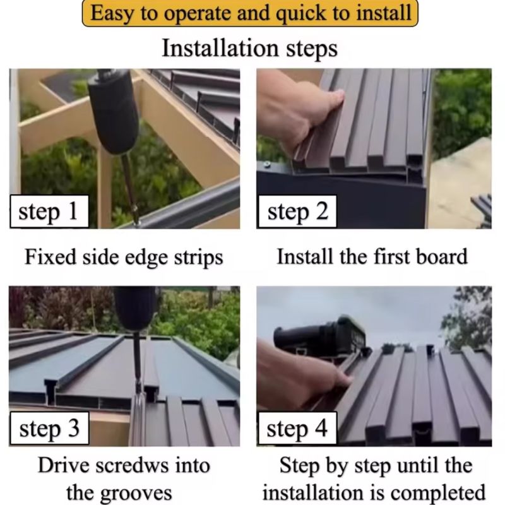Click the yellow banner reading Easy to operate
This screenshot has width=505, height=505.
(x=250, y=13)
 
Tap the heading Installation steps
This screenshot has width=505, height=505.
(x=250, y=49)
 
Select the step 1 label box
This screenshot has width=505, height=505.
(x=49, y=211)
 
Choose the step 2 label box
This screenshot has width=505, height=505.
(x=297, y=211)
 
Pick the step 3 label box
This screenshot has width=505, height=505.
(x=49, y=429)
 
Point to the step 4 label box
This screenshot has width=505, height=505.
(x=297, y=429)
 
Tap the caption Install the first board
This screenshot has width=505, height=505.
(x=372, y=257)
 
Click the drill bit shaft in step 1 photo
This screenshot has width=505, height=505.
(x=130, y=188)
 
